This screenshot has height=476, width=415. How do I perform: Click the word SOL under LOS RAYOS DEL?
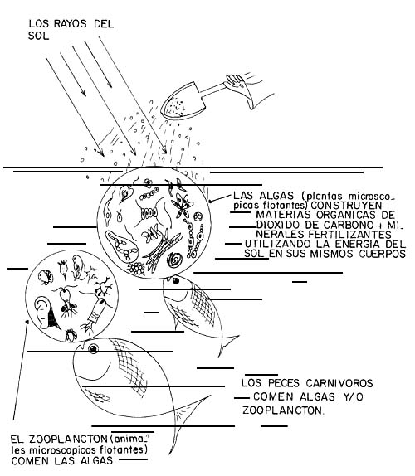point(38,36)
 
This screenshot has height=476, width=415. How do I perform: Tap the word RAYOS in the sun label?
point(71,24)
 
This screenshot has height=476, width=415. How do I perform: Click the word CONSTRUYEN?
point(346,205)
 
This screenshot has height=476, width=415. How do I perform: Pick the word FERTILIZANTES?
point(349,235)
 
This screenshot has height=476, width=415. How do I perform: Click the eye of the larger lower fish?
point(93,349)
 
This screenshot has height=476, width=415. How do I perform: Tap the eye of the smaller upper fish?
point(175,281)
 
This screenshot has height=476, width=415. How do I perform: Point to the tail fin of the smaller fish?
point(227,344)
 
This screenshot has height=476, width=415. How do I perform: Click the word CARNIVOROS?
point(339,383)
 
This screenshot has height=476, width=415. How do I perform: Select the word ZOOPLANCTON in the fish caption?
point(282,410)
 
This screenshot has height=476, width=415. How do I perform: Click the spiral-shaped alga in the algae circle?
point(175,260)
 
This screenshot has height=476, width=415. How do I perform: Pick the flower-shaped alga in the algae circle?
point(182,204)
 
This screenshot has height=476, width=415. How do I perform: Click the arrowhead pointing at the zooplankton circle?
point(27,323)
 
